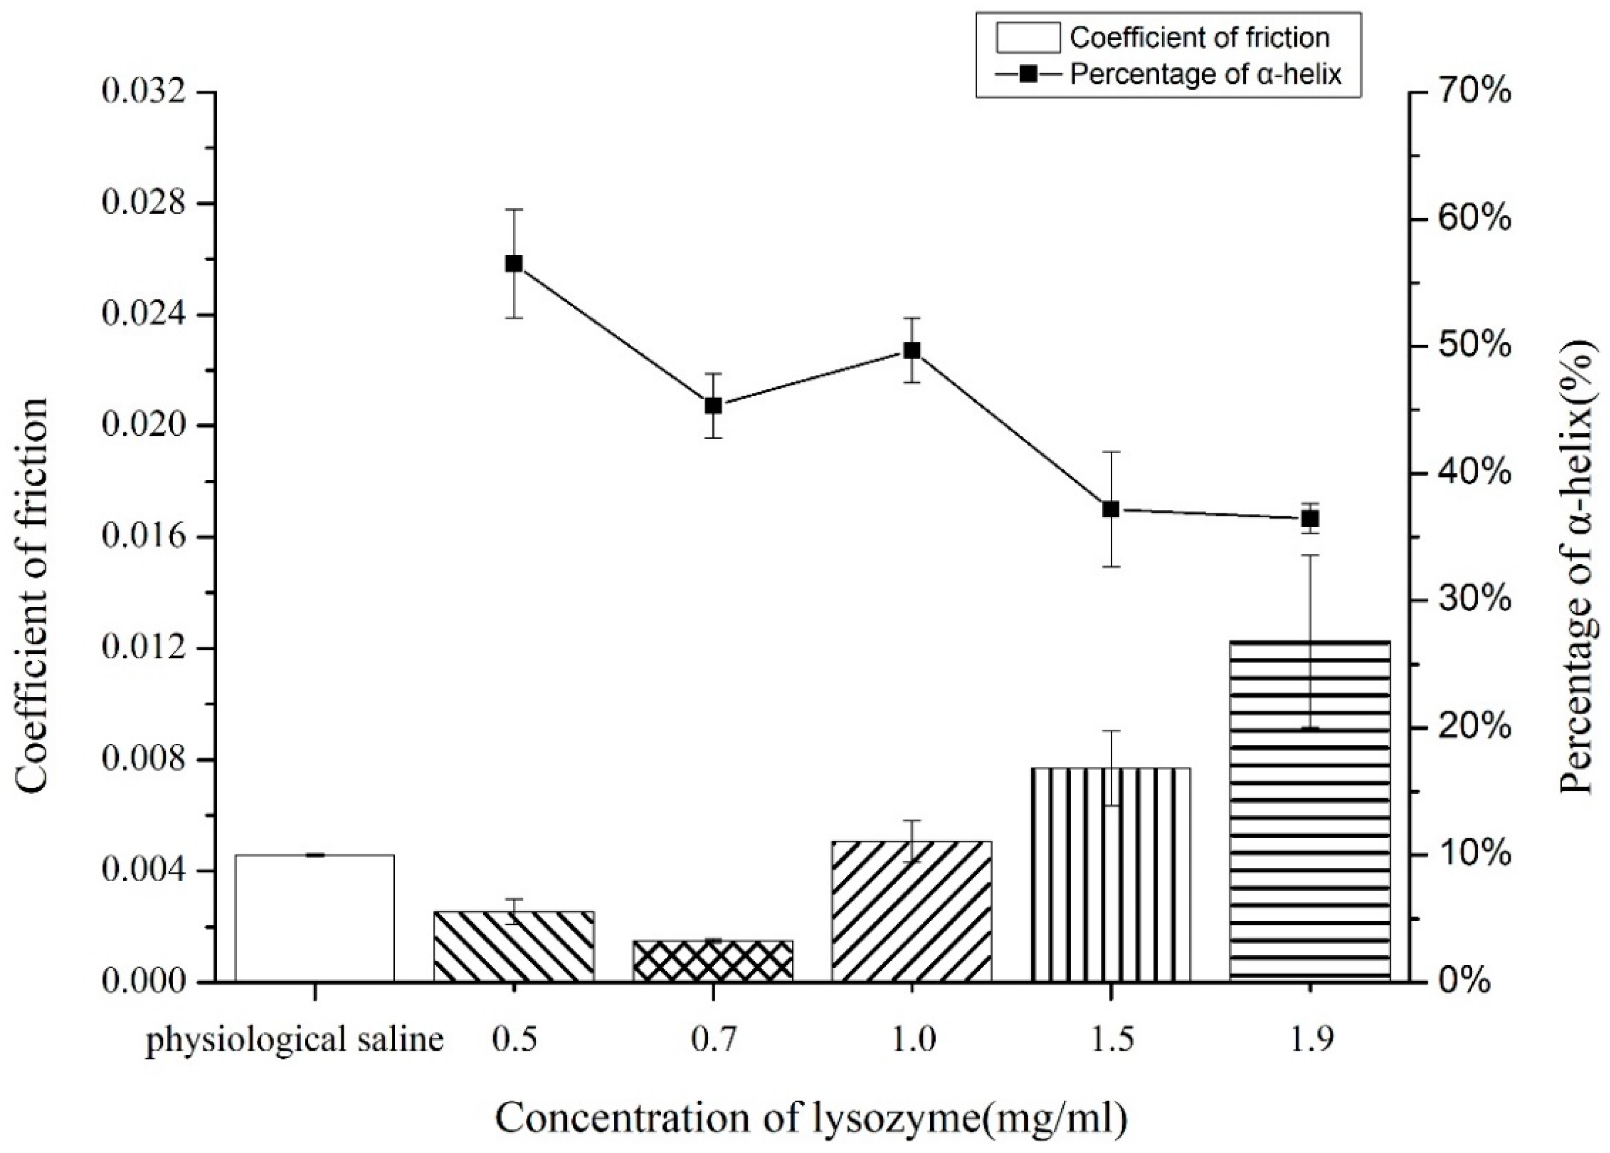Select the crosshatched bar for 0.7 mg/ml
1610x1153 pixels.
pos(713,961)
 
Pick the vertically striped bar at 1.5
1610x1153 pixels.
pos(1111,875)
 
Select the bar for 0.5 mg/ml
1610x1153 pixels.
pos(514,946)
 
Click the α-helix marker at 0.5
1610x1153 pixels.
pos(514,264)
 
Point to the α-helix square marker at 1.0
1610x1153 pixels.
pos(912,350)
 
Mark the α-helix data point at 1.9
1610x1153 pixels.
pos(1311,518)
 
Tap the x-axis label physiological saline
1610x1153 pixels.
pos(294,1041)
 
